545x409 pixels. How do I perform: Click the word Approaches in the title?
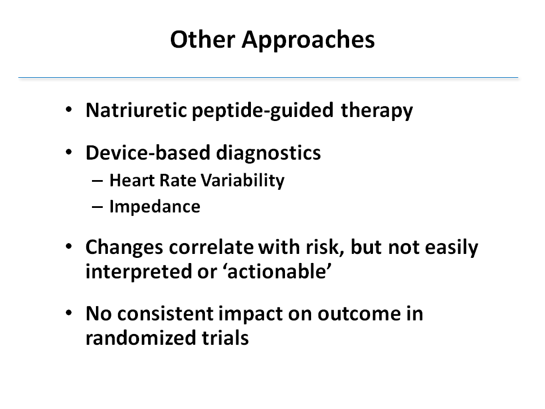[308, 40]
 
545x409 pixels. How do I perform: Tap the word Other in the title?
[203, 39]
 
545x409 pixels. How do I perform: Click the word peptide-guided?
[262, 111]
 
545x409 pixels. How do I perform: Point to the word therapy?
[377, 111]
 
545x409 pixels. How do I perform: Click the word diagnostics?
[269, 153]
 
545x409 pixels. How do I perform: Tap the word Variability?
[242, 181]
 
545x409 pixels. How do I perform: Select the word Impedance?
[154, 207]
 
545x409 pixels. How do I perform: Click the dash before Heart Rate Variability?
[97, 181]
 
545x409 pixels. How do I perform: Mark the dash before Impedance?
[97, 207]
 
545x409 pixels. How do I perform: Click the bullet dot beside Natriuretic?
[69, 110]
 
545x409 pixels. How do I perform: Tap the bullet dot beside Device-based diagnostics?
[69, 152]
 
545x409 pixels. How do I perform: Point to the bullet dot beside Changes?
[69, 247]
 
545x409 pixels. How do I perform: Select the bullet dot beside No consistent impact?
[69, 312]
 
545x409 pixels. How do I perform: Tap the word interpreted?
[139, 272]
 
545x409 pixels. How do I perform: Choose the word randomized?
[141, 337]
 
